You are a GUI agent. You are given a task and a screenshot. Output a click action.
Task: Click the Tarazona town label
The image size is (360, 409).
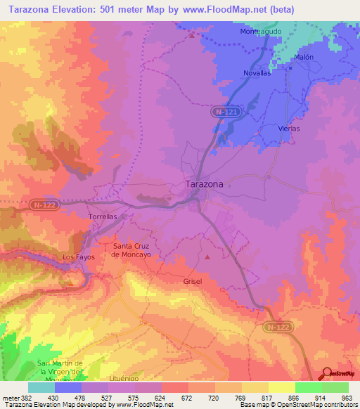pos(204,184)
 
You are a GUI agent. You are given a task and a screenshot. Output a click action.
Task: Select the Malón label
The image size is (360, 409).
pos(303,57)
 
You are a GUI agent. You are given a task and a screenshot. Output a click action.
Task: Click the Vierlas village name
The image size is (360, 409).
pos(289,129)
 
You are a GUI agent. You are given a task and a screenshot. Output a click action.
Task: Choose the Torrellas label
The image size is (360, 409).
pos(103,216)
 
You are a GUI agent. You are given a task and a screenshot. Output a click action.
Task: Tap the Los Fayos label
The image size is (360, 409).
pos(77,257)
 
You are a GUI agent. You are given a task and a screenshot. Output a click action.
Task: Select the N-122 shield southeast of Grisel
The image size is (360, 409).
pos(278,327)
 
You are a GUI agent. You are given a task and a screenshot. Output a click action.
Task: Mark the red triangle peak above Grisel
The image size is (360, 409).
pos(208,257)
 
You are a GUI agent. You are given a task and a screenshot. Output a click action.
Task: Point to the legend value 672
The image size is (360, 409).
pos(188,398)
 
